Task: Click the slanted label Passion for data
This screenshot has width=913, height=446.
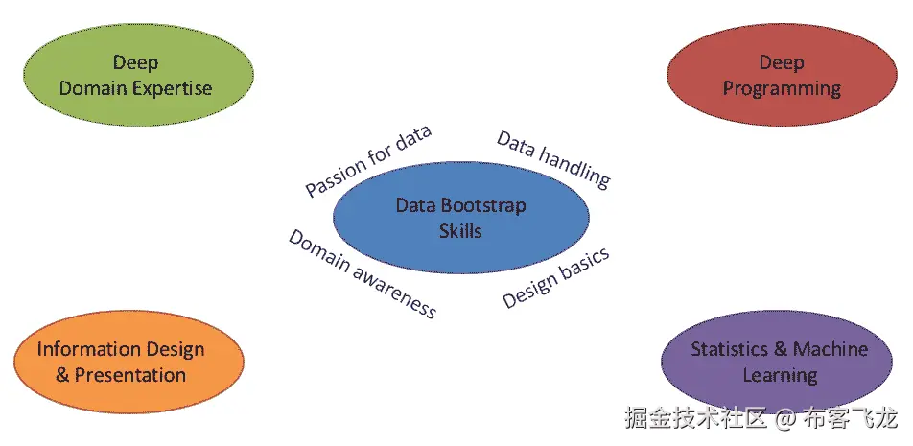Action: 368,161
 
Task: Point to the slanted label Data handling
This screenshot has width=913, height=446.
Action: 553,157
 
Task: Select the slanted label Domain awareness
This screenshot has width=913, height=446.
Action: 363,274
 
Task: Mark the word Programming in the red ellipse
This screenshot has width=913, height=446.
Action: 782,89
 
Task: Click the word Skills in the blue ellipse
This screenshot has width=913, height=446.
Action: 460,231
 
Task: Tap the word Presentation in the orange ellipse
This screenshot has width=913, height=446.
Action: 130,374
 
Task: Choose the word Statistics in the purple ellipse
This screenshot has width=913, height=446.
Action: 731,349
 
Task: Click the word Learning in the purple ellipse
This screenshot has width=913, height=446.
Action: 780,374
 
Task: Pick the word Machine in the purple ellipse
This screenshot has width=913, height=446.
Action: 831,349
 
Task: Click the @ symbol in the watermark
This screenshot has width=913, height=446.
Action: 784,418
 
